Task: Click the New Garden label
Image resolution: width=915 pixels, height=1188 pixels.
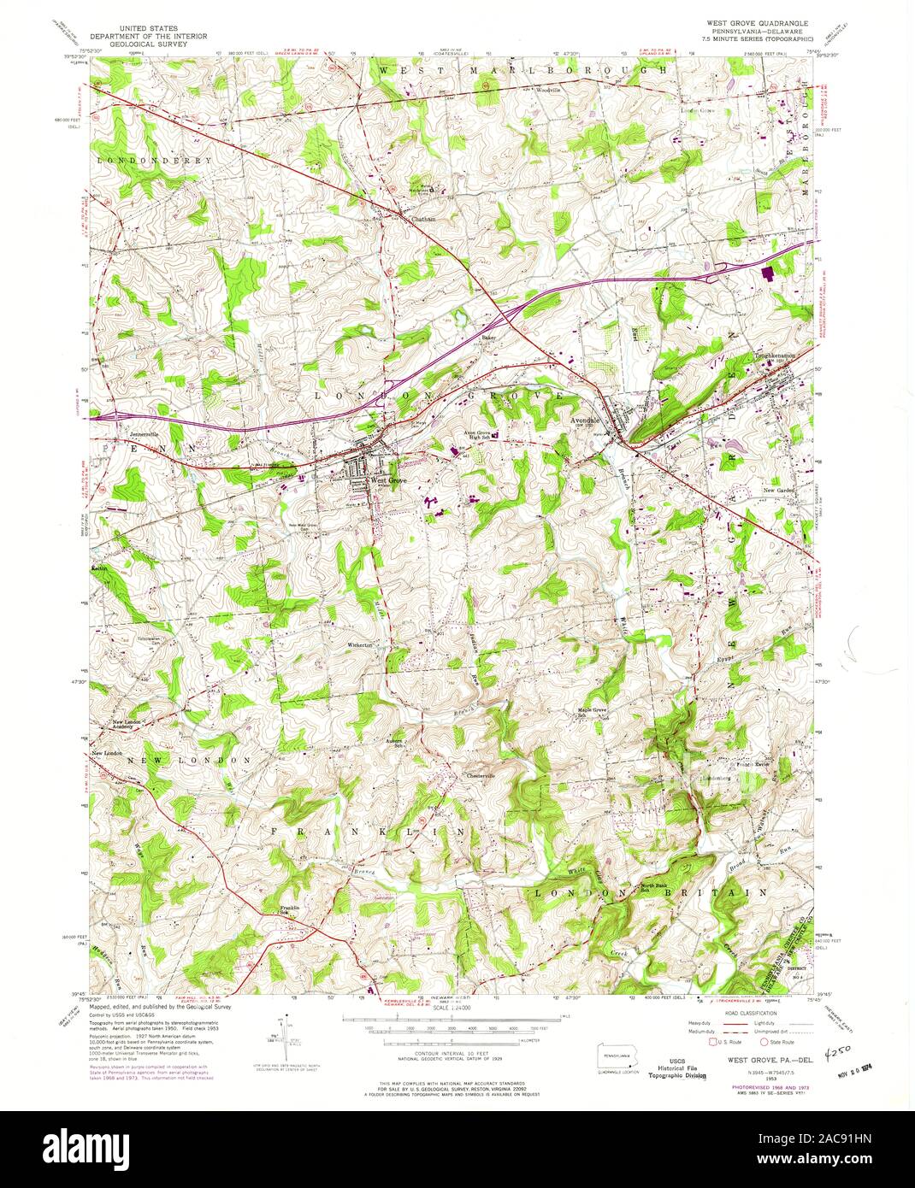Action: [780, 491]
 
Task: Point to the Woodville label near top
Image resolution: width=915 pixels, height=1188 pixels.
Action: [547, 89]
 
